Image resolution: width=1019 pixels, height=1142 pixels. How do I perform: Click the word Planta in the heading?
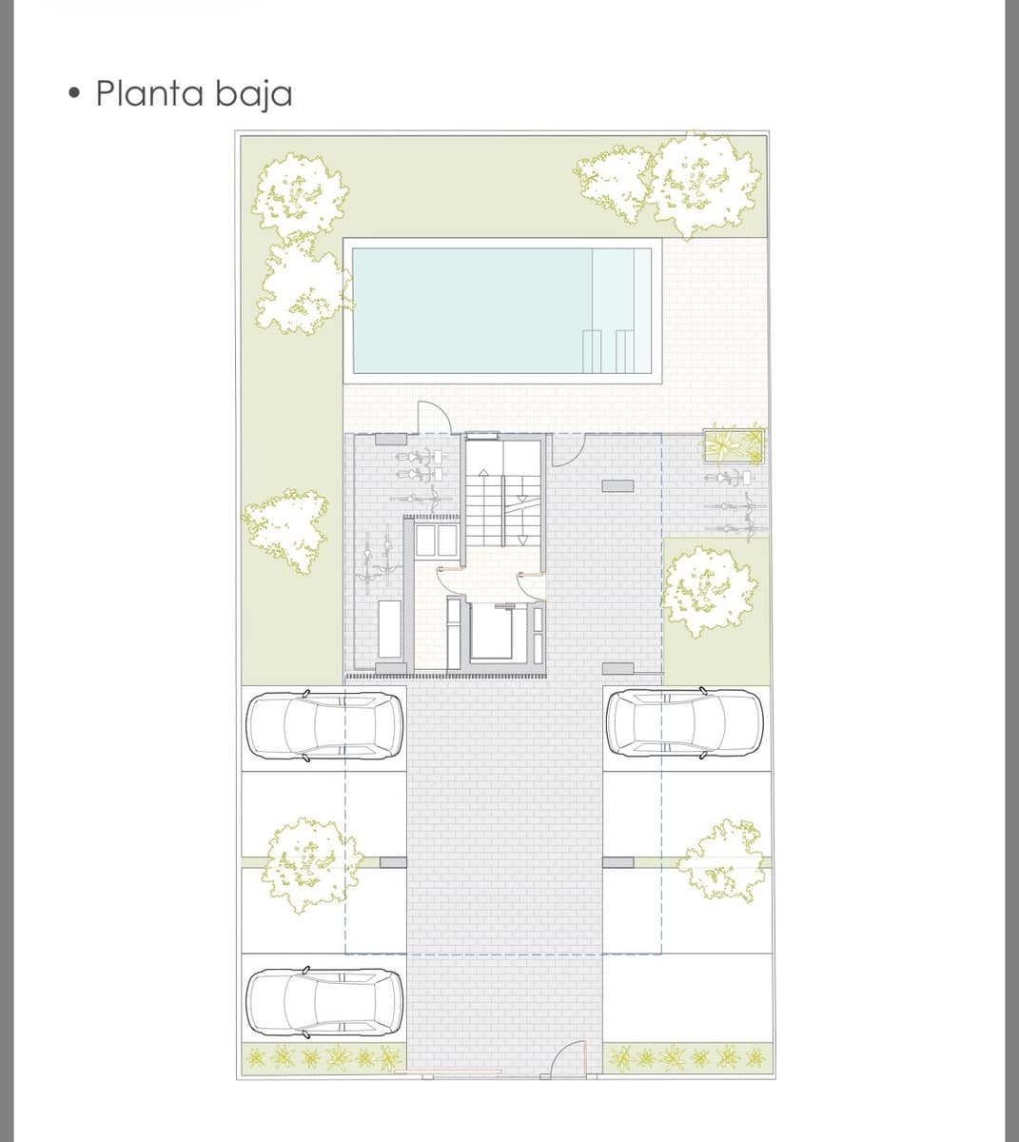[150, 93]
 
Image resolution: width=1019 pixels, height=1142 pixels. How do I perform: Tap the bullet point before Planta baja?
[75, 94]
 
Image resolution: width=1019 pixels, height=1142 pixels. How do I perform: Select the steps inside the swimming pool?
[609, 350]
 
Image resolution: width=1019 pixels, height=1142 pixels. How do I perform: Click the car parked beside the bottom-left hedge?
[323, 1005]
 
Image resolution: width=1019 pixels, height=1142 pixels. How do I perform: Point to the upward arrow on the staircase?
[483, 476]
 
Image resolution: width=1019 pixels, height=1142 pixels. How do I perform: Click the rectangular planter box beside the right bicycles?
[733, 443]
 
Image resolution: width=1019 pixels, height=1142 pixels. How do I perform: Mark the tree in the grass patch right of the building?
[705, 591]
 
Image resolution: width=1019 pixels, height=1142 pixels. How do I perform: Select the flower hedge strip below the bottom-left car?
[323, 1056]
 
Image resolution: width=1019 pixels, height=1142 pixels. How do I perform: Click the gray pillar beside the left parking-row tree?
[392, 862]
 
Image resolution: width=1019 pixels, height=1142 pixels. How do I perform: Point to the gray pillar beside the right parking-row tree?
[618, 862]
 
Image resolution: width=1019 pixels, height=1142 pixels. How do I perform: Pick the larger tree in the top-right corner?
[705, 183]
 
